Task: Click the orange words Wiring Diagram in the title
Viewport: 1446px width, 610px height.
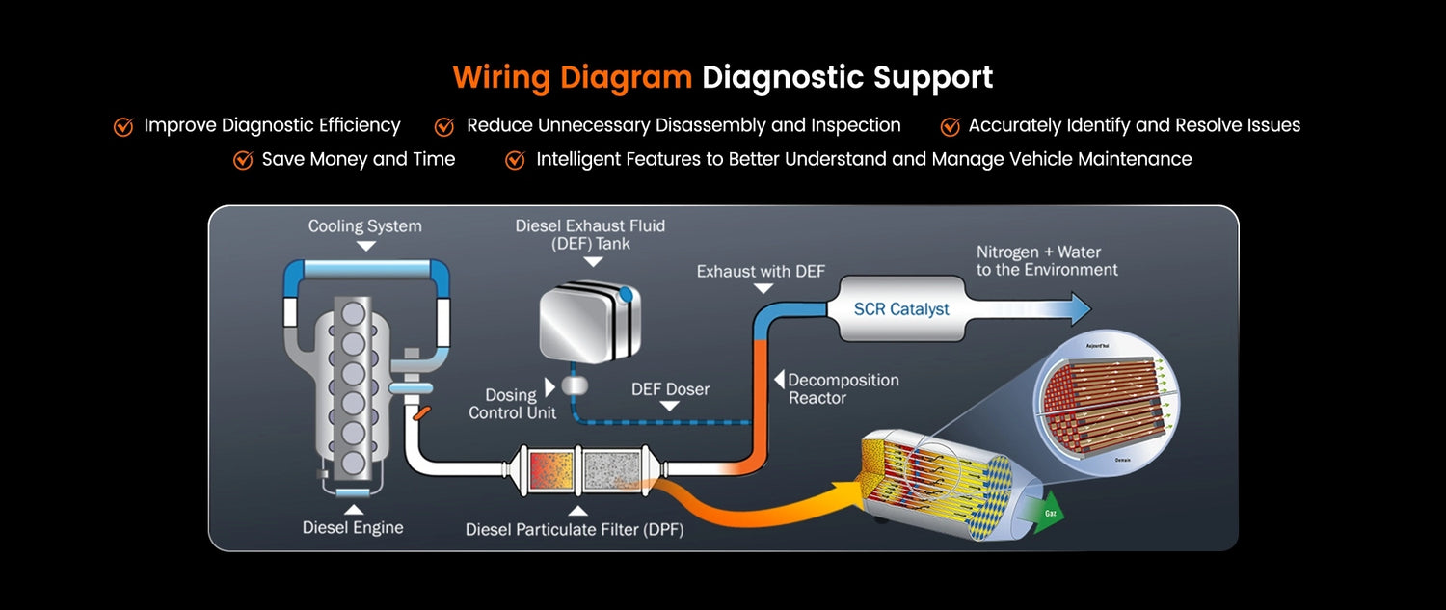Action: tap(572, 77)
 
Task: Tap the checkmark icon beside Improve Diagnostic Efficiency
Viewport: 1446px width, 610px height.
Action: tap(123, 126)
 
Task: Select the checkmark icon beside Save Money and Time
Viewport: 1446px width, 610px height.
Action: tap(243, 160)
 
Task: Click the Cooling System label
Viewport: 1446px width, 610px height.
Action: tap(364, 226)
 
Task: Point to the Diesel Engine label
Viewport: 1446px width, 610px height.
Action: tap(353, 527)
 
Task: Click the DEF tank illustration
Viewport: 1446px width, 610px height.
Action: tap(584, 322)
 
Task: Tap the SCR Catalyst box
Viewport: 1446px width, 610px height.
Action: tap(901, 309)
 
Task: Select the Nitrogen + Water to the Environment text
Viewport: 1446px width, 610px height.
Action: tap(1047, 261)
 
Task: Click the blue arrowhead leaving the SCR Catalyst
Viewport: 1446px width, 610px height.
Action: tap(1078, 309)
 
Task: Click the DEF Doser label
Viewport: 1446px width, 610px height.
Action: tap(670, 389)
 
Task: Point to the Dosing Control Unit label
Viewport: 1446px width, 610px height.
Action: tap(512, 404)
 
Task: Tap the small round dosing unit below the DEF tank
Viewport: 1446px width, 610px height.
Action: tap(575, 385)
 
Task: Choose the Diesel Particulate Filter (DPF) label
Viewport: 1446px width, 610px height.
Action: tap(575, 529)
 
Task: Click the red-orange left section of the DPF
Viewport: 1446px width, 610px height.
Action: tap(551, 469)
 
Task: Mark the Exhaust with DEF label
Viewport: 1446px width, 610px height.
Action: tap(761, 272)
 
